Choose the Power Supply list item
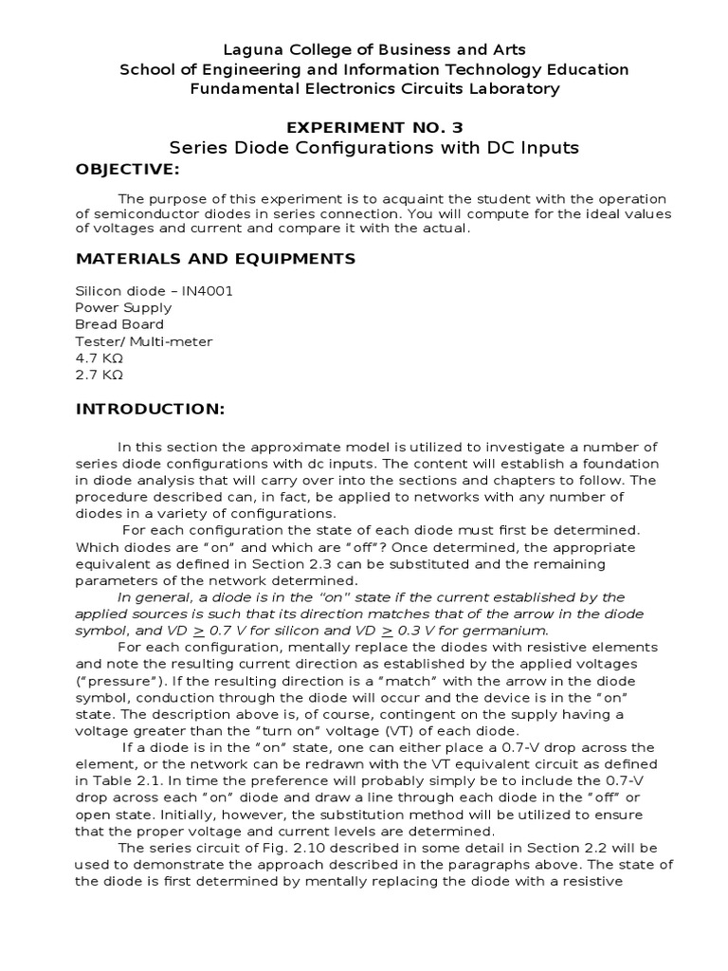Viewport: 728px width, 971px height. (x=123, y=307)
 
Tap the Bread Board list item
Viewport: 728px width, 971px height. (x=119, y=324)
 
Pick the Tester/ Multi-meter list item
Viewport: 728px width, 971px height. (x=144, y=341)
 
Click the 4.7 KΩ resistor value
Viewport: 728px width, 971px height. (x=100, y=358)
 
